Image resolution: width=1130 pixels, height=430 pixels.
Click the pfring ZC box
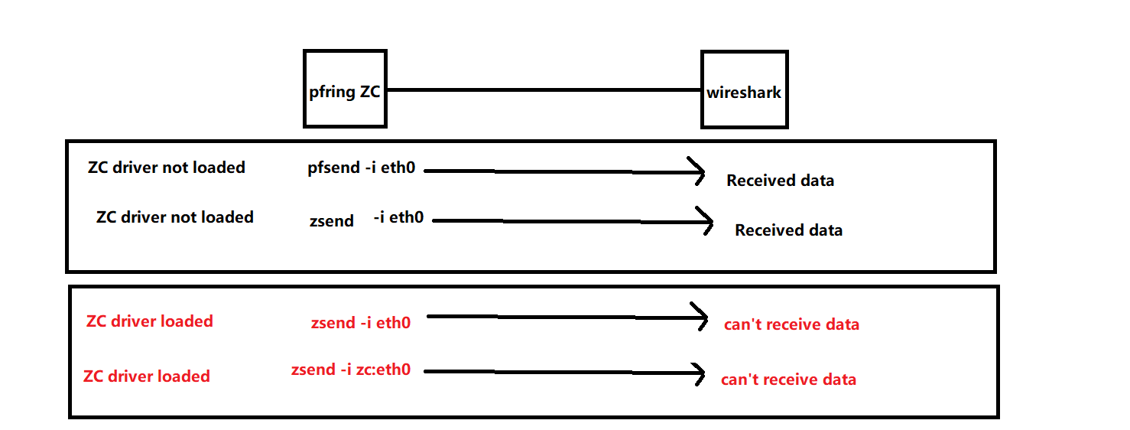(345, 89)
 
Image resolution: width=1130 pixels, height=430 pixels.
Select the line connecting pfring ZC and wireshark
(544, 90)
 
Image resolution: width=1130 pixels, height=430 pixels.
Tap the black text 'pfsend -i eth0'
(361, 168)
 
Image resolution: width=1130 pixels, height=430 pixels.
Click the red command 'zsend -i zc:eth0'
(351, 370)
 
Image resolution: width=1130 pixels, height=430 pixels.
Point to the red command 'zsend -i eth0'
(361, 323)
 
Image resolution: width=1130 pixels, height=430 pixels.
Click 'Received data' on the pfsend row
(780, 181)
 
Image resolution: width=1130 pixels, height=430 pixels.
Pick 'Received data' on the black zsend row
(788, 230)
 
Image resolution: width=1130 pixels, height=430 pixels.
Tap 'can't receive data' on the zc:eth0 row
(788, 380)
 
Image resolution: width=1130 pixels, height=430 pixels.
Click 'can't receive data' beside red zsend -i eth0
(791, 324)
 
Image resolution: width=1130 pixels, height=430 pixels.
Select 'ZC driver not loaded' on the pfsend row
(167, 168)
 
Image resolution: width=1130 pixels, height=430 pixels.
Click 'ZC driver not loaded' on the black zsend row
(175, 217)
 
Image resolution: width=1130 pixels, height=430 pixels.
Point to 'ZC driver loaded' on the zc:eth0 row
(147, 376)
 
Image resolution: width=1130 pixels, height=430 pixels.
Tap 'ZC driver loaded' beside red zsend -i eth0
(150, 321)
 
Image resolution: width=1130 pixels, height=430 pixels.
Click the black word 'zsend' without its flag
(332, 221)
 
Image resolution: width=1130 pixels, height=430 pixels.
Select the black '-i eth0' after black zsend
(398, 217)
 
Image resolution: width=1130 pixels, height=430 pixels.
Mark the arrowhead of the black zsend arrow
(706, 222)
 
